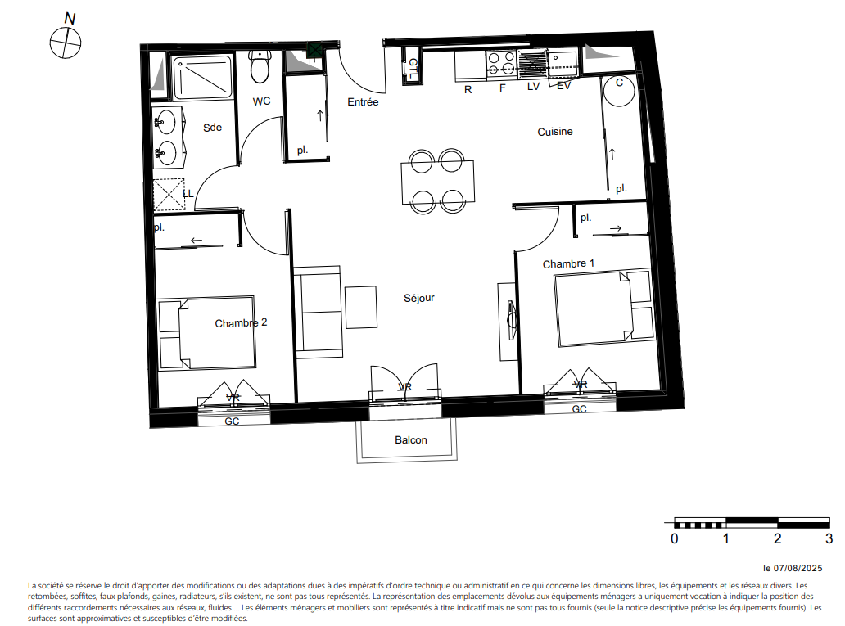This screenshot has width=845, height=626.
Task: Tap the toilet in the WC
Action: [x=260, y=67]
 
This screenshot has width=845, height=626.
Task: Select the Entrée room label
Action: [x=363, y=101]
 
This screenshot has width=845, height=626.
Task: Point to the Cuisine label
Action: [x=555, y=132]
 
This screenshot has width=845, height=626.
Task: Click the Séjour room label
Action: [x=418, y=298]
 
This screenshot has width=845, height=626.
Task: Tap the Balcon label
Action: [x=411, y=440]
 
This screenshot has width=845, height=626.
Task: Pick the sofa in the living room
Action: [x=318, y=312]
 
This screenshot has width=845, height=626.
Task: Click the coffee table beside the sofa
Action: [x=361, y=307]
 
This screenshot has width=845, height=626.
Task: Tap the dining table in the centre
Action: [x=437, y=182]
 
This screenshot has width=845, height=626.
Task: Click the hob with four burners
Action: [x=501, y=64]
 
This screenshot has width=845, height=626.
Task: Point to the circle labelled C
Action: [x=619, y=91]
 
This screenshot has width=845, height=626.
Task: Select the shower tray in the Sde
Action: [x=203, y=76]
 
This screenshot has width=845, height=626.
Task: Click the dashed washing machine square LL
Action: [x=169, y=194]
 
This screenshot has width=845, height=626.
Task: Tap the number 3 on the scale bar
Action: [x=829, y=538]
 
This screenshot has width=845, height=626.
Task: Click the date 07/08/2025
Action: [x=798, y=568]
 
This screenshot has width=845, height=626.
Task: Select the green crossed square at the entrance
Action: [x=314, y=51]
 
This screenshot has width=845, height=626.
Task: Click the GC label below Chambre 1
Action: [x=580, y=409]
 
